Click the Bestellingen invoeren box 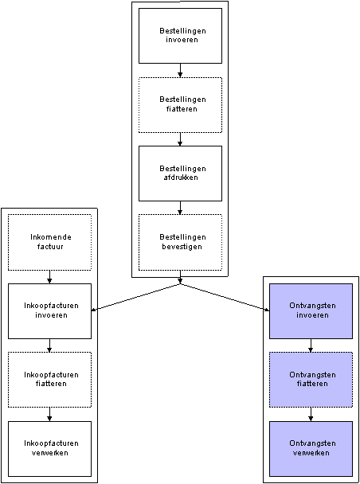[x=180, y=36]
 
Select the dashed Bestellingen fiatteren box [x=180, y=105]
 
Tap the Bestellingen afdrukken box [x=180, y=174]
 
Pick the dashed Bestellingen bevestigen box [x=180, y=242]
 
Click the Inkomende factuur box [x=49, y=242]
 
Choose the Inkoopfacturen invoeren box [x=49, y=311]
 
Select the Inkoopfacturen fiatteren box [x=49, y=380]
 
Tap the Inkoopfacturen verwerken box [x=49, y=449]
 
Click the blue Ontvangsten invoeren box [x=311, y=311]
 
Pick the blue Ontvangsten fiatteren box [x=311, y=380]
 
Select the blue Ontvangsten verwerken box [x=311, y=449]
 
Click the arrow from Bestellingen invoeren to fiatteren [x=180, y=70]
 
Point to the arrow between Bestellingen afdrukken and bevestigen [x=180, y=208]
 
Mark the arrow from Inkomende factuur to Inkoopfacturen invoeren [x=49, y=277]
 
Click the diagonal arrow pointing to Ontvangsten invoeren [x=225, y=297]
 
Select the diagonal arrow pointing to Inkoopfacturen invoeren [x=136, y=297]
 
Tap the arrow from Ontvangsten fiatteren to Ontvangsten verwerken [x=311, y=414]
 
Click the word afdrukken [x=181, y=178]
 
